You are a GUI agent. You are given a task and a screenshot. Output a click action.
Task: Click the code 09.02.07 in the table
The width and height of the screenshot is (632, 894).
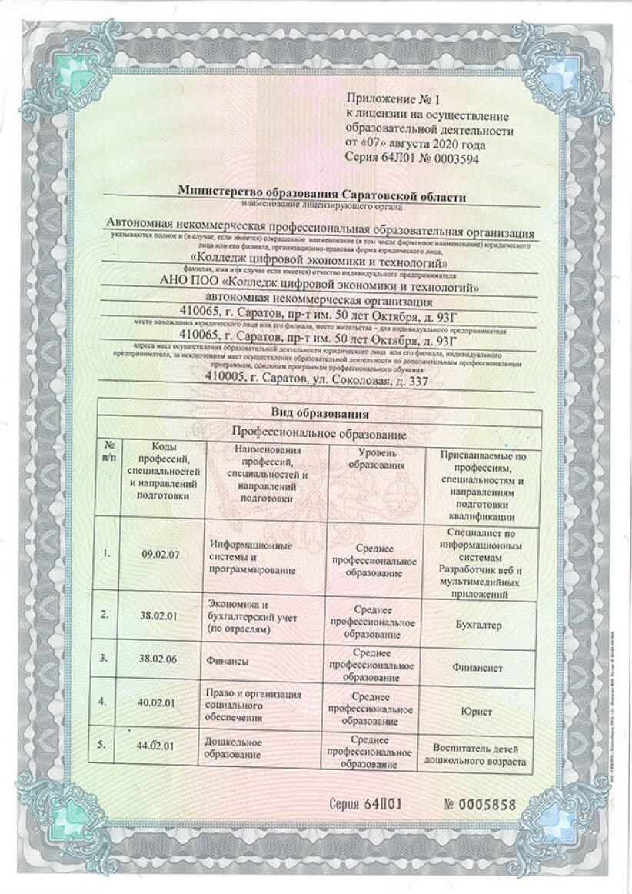point(160,555)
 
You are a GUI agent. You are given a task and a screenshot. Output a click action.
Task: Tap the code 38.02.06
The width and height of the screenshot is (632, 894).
point(158,660)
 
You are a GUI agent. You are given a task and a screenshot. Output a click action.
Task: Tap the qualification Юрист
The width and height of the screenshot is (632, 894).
point(477,712)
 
